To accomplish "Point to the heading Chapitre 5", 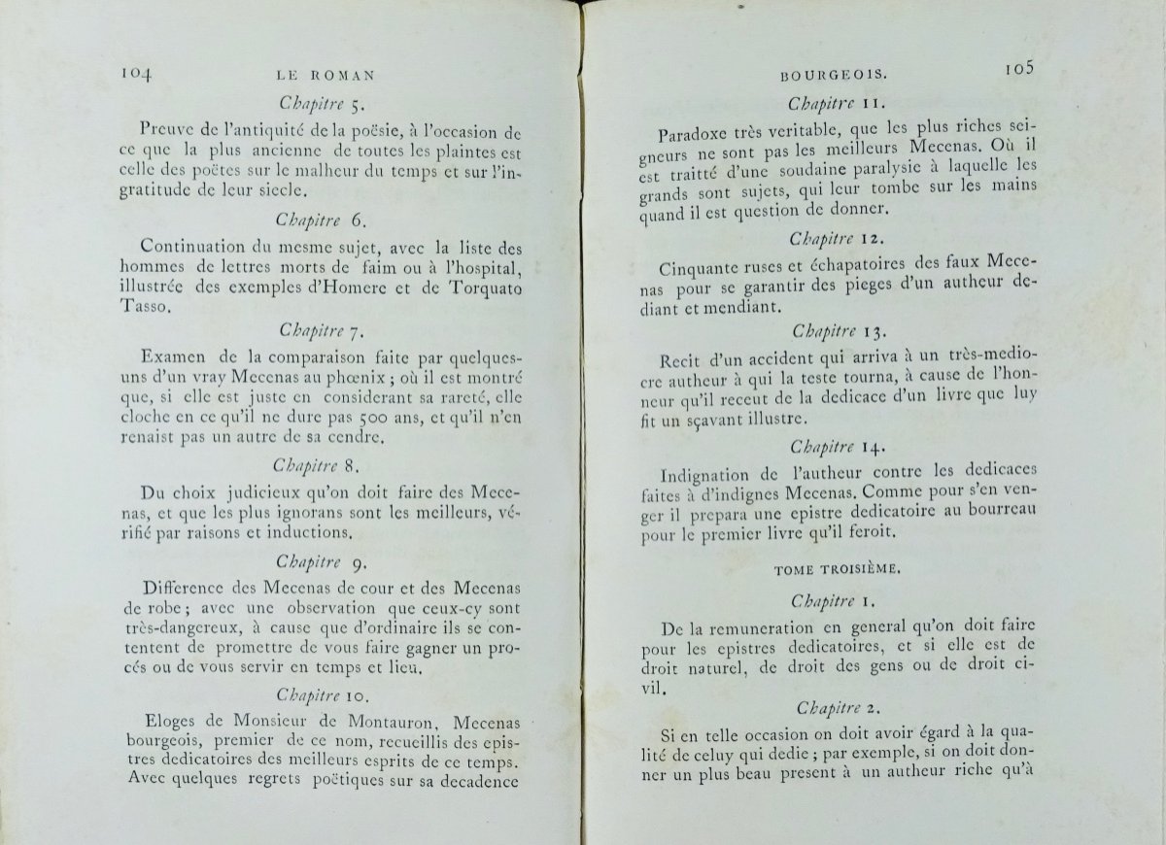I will pyautogui.click(x=322, y=101).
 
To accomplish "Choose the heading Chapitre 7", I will pyautogui.click(x=322, y=332).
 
